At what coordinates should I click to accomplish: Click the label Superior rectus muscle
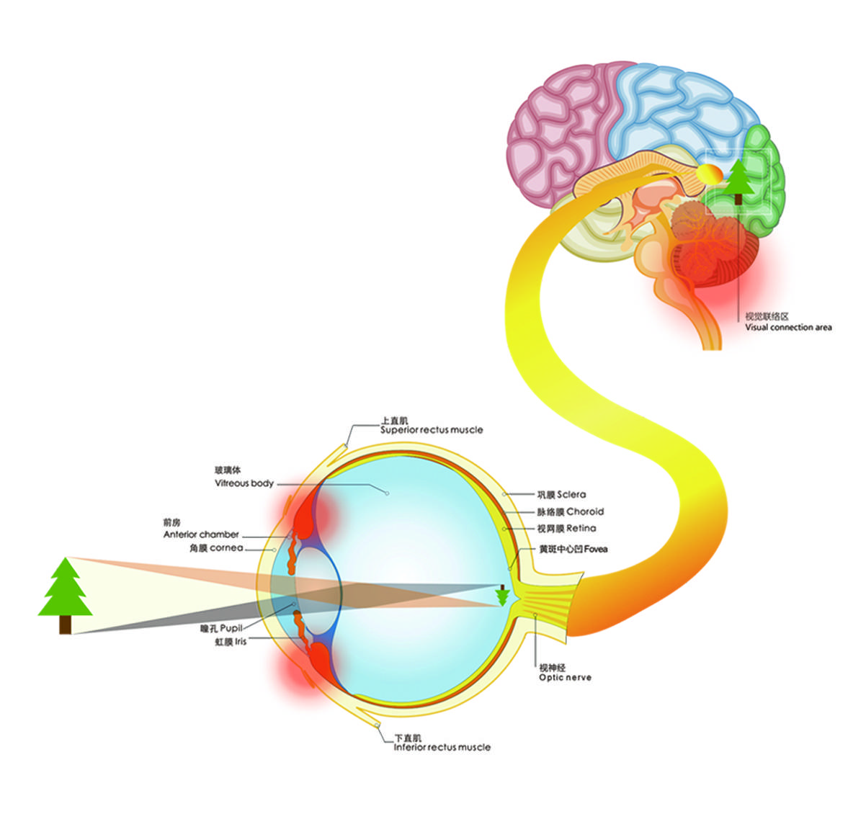432,430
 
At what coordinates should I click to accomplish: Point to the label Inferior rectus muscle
442,748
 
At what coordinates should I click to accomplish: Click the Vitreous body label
244,483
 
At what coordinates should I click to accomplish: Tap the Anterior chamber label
201,534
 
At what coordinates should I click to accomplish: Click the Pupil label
231,628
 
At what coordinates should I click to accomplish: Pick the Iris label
240,641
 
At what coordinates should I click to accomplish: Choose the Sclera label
571,495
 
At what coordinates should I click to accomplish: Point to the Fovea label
595,549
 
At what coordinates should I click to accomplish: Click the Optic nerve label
565,678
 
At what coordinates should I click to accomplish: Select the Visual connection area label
788,328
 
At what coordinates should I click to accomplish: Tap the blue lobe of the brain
677,108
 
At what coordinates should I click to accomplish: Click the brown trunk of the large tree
65,625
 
